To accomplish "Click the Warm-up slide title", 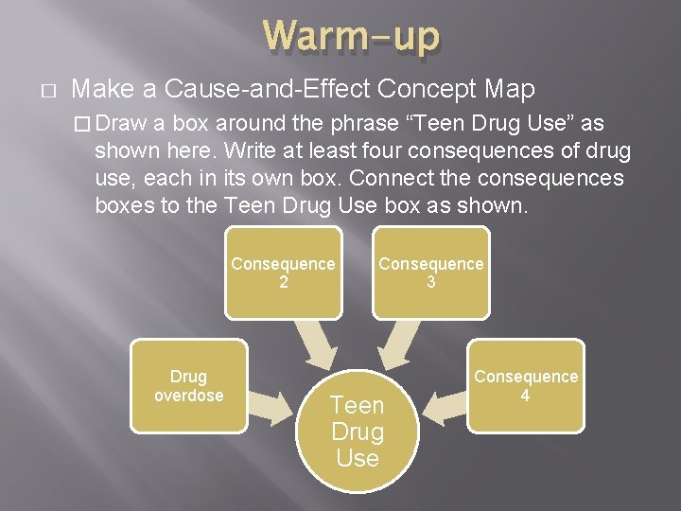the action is (x=351, y=37).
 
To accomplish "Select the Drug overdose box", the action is (x=188, y=387).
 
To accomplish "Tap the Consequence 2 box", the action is (x=283, y=272).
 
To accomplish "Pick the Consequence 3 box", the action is (x=431, y=272).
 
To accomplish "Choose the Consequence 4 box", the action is (x=526, y=385).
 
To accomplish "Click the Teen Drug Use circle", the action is (x=357, y=432).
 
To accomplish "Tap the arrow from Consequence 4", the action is (x=444, y=407).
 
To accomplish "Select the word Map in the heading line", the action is (x=510, y=90).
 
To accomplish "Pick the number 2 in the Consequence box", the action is (x=283, y=282).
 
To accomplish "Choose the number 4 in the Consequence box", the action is (x=526, y=395).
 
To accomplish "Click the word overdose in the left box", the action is (x=188, y=396).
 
